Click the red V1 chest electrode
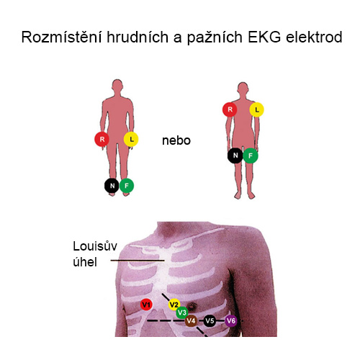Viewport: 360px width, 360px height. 146,305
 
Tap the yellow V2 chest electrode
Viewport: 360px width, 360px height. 174,305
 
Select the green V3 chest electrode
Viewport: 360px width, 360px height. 182,312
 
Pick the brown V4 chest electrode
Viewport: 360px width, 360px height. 191,320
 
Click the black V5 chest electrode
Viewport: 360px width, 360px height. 210,320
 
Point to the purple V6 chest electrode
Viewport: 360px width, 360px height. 231,320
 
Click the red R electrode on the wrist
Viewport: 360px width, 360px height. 102,139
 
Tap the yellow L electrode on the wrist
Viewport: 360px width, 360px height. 131,139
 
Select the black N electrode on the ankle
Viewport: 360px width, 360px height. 112,186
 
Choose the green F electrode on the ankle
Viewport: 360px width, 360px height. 127,186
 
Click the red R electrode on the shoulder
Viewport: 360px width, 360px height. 230,109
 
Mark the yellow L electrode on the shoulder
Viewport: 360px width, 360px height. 257,109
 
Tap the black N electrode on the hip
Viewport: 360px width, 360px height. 235,156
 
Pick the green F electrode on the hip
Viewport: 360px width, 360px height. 251,156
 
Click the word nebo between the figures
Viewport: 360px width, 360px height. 176,140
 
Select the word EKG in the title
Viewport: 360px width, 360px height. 264,37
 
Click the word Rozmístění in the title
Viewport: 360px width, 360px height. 62,37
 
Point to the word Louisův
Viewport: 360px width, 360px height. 95,246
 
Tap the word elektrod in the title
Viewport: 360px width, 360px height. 314,37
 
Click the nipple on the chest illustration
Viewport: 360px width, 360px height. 192,306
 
